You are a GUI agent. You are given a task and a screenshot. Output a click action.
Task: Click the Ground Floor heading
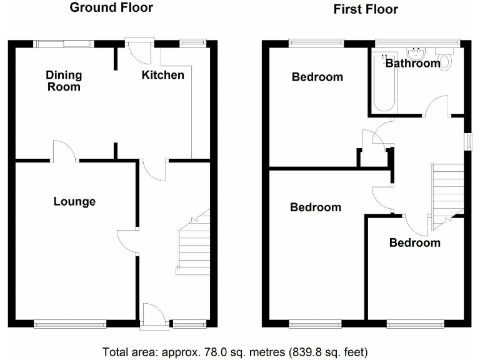point(111,8)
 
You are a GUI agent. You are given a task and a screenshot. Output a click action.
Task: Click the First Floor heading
point(366,9)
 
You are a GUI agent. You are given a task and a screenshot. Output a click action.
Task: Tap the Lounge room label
point(74,201)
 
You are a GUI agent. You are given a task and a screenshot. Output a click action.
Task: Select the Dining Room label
point(64,81)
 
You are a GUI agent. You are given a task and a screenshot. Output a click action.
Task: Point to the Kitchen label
point(162,75)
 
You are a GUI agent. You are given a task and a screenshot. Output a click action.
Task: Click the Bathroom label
point(412,63)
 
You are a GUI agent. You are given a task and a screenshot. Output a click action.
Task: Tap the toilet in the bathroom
point(444,61)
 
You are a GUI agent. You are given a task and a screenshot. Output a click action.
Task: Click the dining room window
point(62,43)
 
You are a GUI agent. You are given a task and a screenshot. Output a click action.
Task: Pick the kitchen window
point(192,43)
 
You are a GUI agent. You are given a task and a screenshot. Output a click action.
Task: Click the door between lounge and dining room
point(65,152)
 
